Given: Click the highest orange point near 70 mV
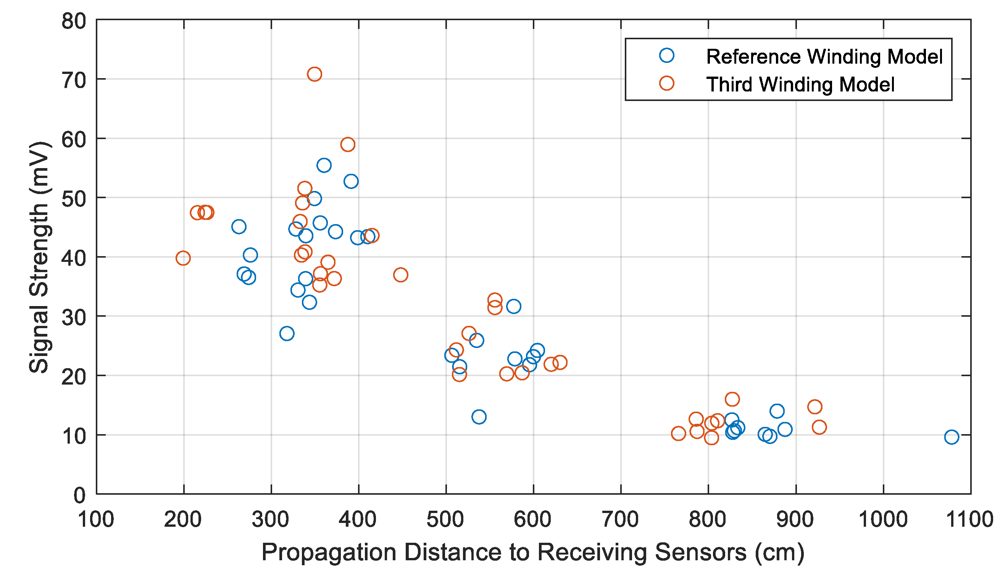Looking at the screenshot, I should pos(314,74).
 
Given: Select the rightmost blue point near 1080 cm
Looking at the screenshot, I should pos(951,437).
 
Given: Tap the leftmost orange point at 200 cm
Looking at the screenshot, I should pos(183,258).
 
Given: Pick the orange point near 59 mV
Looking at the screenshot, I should pos(348,144).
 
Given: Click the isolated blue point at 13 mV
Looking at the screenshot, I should pos(479,417).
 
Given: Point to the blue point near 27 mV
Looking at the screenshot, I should pos(287,333).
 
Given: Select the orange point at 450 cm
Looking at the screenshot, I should pos(401,275).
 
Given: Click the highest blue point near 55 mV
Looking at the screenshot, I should pos(324,165).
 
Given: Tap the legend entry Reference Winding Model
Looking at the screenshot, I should pos(824,56).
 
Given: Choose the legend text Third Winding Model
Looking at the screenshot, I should pos(800,84).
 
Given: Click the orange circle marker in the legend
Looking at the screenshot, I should pos(667,83).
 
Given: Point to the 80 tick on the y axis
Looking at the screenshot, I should pos(74,21).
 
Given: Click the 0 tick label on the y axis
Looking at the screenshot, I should pos(79,495).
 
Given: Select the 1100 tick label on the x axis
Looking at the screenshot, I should pos(970,519).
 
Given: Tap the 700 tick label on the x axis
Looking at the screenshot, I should pos(621,519).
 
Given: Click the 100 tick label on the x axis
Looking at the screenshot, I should pos(96,519).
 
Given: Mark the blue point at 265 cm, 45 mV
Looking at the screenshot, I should pos(239,227).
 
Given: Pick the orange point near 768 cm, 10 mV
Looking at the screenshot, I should pos(678,434).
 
